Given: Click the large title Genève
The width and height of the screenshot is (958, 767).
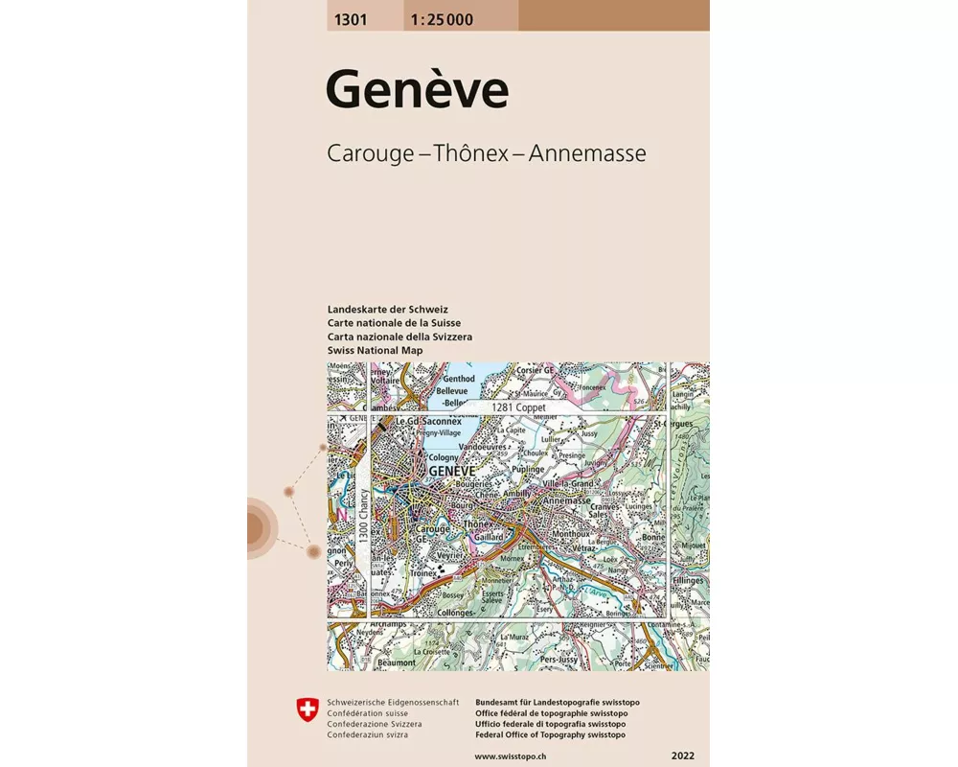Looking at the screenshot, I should point(417,91).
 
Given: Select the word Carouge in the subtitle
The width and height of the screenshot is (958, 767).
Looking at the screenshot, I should point(374,152).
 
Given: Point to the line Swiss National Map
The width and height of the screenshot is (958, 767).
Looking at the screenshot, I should point(375,351).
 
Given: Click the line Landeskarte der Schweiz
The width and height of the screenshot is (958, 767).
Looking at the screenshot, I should point(387,310).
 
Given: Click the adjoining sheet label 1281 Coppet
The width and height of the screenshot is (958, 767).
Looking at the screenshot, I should point(518,407).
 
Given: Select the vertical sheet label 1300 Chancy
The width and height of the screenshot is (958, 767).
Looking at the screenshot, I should point(364,521).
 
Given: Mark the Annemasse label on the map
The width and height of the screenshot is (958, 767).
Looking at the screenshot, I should point(566,500).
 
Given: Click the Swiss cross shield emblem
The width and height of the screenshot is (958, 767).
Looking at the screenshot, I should point(307,709).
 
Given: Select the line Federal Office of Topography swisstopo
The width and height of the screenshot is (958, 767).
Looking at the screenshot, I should point(550,734).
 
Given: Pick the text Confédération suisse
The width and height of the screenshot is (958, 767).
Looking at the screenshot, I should point(368,713).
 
